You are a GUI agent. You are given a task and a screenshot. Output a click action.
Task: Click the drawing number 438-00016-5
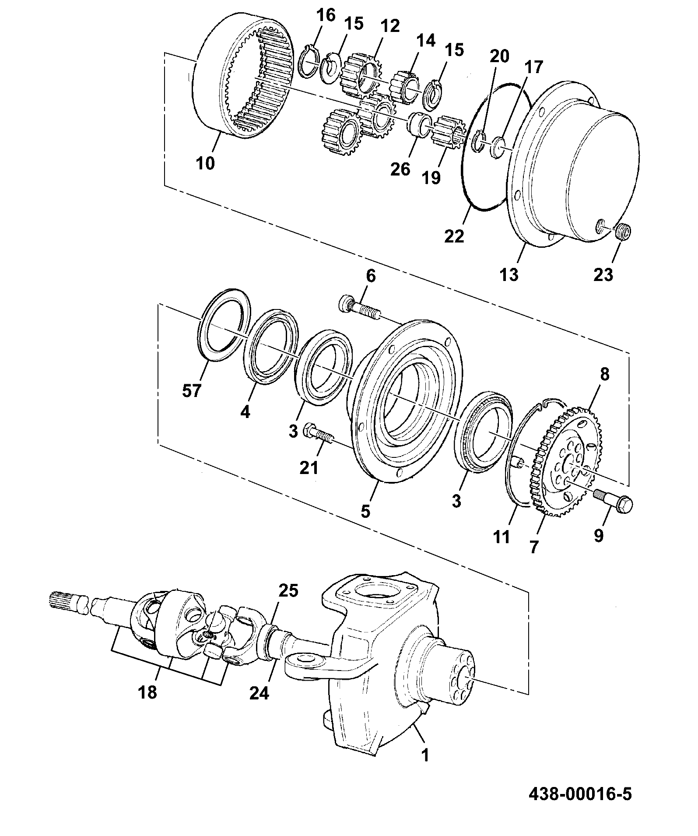click(580, 794)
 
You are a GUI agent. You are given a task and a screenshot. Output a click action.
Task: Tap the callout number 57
click(192, 390)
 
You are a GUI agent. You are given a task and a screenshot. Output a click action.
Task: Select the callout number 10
click(206, 163)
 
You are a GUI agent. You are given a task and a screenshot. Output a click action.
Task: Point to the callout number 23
click(603, 274)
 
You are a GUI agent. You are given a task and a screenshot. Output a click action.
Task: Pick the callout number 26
click(400, 169)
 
